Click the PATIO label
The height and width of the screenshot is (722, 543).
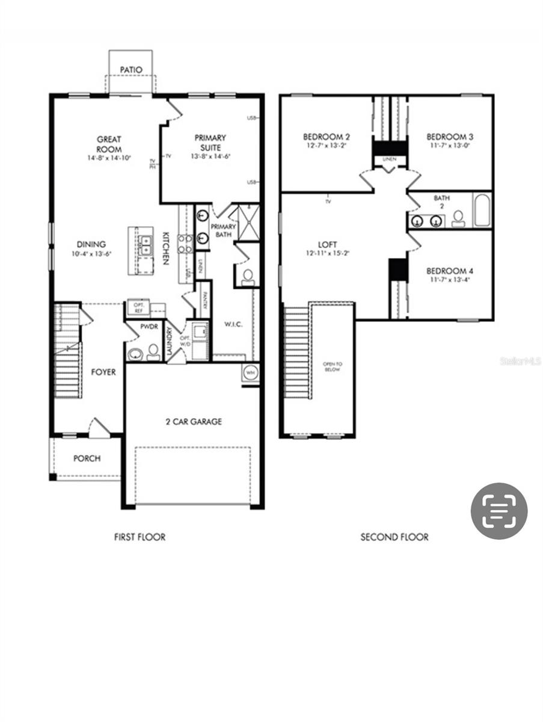[x=131, y=70]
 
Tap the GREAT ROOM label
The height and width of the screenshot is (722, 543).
[x=109, y=144]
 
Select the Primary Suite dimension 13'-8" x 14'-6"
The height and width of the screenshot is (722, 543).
[x=210, y=156]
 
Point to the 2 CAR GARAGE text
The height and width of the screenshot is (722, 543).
[x=194, y=422]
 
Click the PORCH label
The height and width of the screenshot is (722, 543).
[x=87, y=458]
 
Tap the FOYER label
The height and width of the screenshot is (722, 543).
[x=103, y=372]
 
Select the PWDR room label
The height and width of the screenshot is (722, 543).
[x=149, y=326]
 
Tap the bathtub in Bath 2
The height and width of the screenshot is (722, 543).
[x=482, y=210]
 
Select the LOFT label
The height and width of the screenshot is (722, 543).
[x=327, y=245]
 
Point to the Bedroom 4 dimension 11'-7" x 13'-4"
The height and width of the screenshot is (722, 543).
[x=450, y=279]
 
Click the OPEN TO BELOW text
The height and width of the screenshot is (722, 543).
[x=332, y=367]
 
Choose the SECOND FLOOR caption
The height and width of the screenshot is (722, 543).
[x=394, y=537]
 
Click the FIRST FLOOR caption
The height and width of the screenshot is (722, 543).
[x=140, y=537]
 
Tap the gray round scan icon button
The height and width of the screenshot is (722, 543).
[x=499, y=511]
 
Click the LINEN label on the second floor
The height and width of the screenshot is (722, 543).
[x=389, y=159]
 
